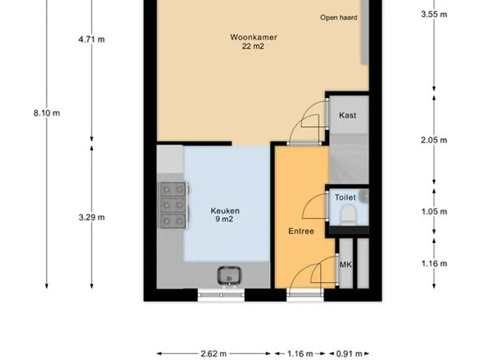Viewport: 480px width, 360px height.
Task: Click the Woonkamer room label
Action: tap(254, 37)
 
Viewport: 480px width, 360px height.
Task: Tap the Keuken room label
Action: tap(225, 211)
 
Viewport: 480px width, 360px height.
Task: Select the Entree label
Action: tap(301, 231)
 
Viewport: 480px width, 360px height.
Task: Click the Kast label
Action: tap(347, 115)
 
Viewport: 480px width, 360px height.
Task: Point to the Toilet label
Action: tap(345, 197)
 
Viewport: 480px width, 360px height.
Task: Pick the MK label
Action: tap(346, 264)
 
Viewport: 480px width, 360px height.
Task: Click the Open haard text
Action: tap(338, 17)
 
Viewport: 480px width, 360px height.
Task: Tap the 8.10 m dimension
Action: tap(46, 113)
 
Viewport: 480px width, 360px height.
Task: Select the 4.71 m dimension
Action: tap(91, 39)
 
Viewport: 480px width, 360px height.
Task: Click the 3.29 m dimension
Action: tap(91, 217)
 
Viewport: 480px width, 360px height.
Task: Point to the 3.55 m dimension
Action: tap(434, 15)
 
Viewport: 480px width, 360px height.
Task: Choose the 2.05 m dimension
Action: tap(434, 140)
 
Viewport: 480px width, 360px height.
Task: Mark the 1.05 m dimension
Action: tap(434, 211)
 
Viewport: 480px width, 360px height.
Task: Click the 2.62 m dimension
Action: tap(214, 354)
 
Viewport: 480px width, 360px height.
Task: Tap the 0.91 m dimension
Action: tap(349, 354)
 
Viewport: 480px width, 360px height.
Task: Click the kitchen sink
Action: tap(229, 276)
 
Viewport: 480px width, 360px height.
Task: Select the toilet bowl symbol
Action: tap(348, 214)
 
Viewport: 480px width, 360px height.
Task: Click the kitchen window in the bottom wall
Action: tap(221, 295)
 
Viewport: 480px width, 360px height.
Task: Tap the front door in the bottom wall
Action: tap(305, 295)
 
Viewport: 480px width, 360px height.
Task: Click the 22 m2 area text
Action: tap(253, 46)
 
